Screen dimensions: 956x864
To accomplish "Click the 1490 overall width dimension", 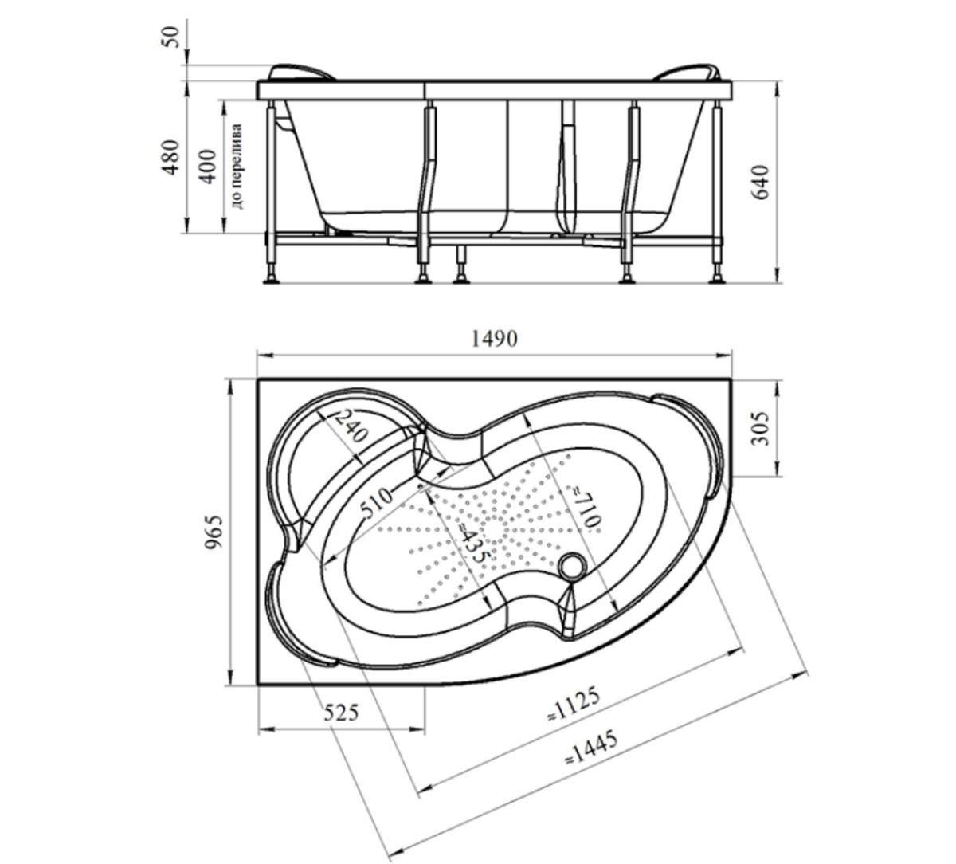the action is pyautogui.click(x=494, y=339).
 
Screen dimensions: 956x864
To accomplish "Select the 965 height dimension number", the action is pyautogui.click(x=214, y=532).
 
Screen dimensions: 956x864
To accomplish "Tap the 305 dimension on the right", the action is pyautogui.click(x=760, y=428).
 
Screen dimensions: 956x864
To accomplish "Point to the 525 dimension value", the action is pyautogui.click(x=341, y=713).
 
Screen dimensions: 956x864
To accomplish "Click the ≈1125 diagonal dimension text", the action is pyautogui.click(x=574, y=704).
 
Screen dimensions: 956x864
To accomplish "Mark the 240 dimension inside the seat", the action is pyautogui.click(x=351, y=426).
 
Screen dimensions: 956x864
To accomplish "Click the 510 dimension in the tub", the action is pyautogui.click(x=378, y=502).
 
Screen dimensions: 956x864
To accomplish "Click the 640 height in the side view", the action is pyautogui.click(x=760, y=182).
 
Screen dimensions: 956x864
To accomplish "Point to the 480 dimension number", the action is pyautogui.click(x=171, y=157).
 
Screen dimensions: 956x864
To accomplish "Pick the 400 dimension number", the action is pyautogui.click(x=208, y=167).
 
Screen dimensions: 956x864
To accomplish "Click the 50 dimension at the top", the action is pyautogui.click(x=171, y=37).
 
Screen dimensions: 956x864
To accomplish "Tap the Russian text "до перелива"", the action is pyautogui.click(x=237, y=167).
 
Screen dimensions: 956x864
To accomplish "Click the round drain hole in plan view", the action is pyautogui.click(x=572, y=567).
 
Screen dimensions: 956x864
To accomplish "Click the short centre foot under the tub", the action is pyautogui.click(x=460, y=264).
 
